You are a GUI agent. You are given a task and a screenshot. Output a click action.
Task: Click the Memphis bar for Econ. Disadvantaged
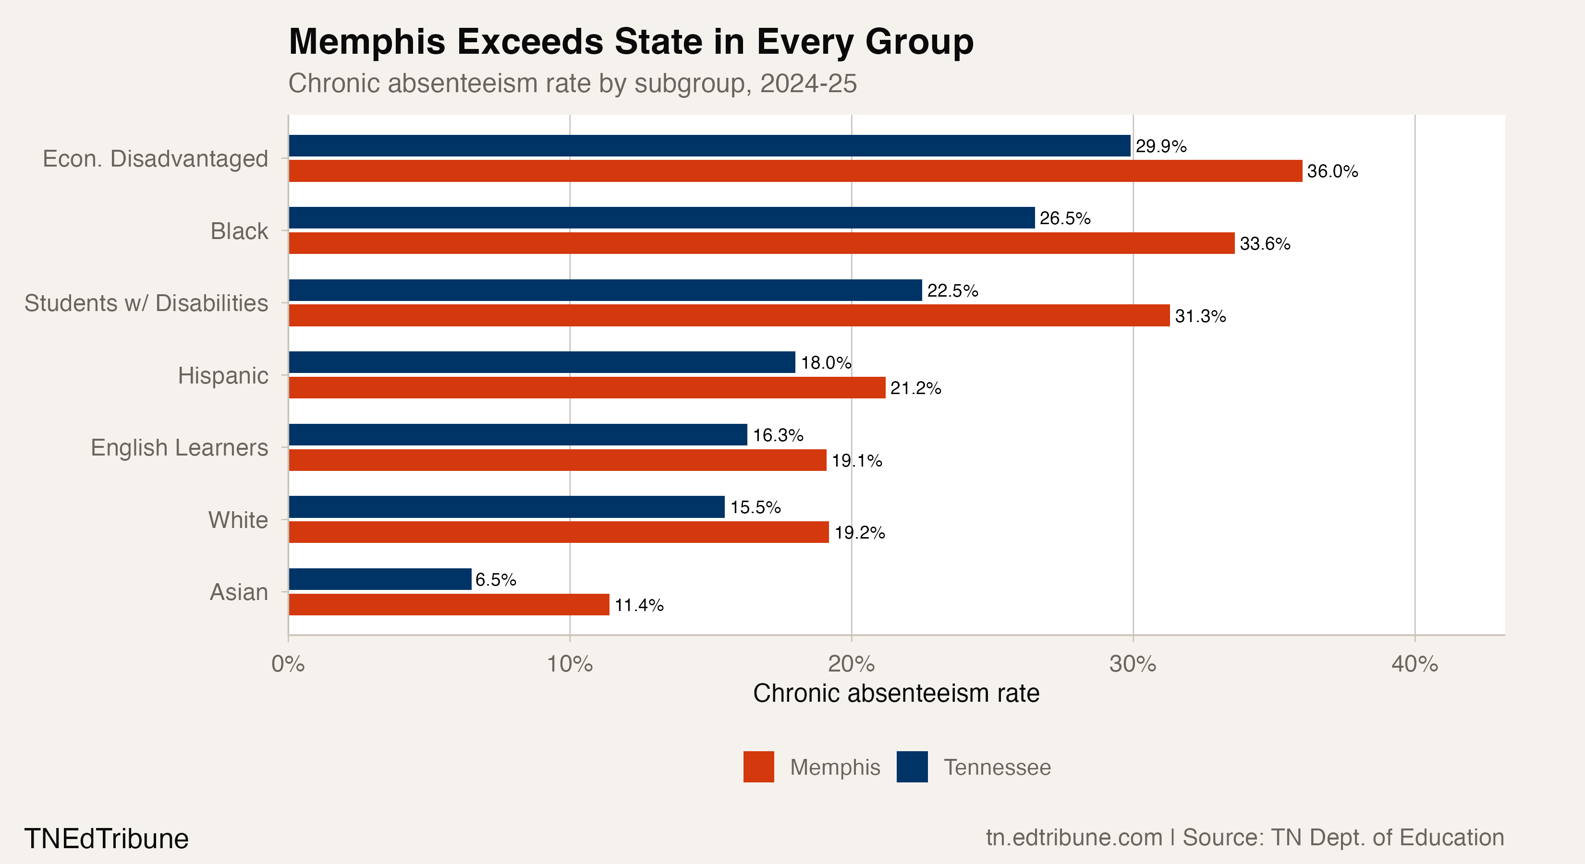795,171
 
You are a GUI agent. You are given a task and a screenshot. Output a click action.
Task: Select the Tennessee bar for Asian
379,579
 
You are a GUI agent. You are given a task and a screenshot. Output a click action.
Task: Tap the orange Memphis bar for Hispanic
586,388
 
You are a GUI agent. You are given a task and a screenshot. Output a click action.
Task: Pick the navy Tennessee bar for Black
661,218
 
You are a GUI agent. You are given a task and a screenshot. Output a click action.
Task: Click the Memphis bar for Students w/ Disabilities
729,315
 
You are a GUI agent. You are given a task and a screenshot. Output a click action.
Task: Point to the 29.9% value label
1160,146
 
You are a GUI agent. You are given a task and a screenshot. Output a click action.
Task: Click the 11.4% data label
639,605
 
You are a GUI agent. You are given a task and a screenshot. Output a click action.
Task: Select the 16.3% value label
778,435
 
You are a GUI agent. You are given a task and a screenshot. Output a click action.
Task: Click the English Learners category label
179,448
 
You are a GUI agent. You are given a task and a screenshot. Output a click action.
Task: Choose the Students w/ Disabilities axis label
146,303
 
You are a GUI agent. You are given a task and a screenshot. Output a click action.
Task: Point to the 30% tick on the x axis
1132,664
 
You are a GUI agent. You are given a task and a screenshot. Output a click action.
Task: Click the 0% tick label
288,664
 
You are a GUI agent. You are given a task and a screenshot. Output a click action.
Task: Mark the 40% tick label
1414,664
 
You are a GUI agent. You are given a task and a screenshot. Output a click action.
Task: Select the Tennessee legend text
997,768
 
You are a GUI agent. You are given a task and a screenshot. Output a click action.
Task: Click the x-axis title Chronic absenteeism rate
896,694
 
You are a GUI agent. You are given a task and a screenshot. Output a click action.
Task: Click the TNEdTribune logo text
107,839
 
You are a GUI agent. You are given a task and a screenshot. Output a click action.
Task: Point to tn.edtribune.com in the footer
1073,838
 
